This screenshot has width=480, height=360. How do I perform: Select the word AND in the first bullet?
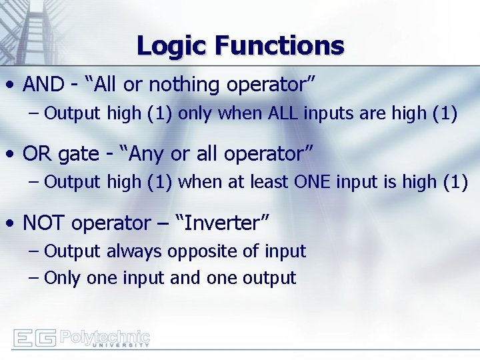tap(43, 85)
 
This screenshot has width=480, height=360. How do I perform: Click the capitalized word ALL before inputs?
tap(283, 113)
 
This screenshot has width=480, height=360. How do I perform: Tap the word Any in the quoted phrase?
tap(145, 154)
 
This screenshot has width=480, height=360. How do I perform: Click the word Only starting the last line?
tap(63, 278)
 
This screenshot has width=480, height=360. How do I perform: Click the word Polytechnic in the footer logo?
tap(105, 335)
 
